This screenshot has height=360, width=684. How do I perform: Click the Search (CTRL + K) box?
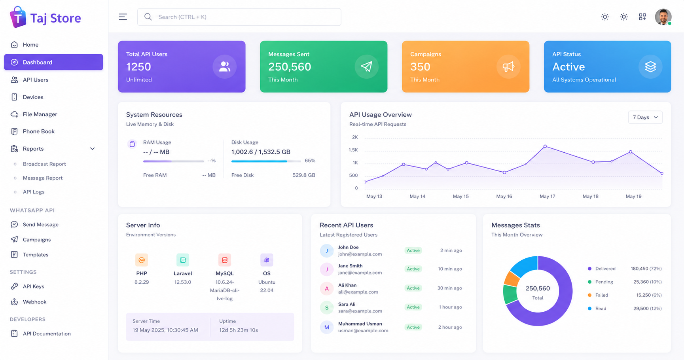[x=239, y=17]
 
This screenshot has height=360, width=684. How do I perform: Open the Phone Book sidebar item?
[x=38, y=131]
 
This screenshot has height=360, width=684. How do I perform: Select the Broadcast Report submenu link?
[x=44, y=164]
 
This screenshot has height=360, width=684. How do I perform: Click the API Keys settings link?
[x=33, y=286]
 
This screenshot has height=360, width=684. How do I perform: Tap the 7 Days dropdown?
[x=645, y=117]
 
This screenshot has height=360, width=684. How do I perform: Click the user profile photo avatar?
[x=663, y=17]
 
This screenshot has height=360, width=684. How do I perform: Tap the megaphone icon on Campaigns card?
[x=508, y=66]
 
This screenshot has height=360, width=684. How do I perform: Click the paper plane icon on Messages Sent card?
[x=366, y=66]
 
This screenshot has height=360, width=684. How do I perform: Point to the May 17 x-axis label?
[x=547, y=196]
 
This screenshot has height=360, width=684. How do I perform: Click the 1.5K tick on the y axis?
[x=353, y=150]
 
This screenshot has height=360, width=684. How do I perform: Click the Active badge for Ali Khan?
[x=413, y=288]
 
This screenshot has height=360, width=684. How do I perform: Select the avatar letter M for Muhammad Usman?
[x=327, y=327]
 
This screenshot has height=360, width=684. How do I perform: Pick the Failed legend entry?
[x=602, y=295]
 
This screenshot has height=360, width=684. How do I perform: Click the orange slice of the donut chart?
[x=512, y=279]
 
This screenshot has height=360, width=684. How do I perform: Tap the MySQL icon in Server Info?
[x=225, y=260]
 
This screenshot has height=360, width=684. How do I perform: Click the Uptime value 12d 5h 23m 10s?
[x=239, y=330]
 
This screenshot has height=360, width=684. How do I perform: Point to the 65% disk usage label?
[x=310, y=161]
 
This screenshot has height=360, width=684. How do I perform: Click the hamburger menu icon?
[x=123, y=17]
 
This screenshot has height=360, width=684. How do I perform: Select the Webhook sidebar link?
[x=34, y=302]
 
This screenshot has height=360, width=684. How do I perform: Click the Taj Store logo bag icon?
[x=18, y=17]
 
